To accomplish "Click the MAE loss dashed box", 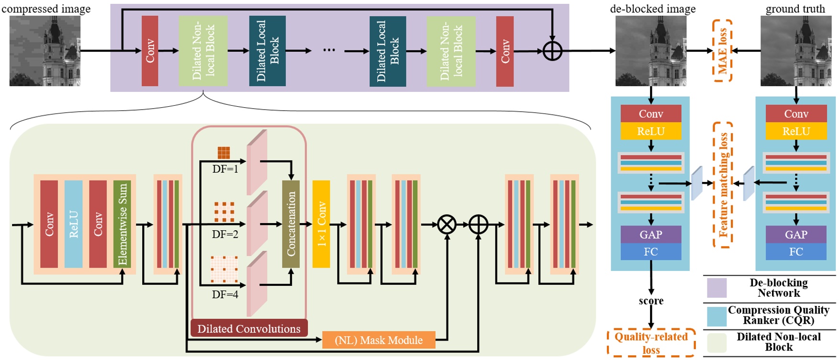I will coord(722,51).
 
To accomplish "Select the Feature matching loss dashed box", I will coord(722,185).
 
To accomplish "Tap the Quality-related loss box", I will coord(651,343).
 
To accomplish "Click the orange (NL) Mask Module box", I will coord(379,340).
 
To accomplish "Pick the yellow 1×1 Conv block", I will coord(321,224).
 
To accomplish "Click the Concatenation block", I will coord(291,224).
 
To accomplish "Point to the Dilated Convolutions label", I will coord(249,328).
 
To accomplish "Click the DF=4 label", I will coord(225,294).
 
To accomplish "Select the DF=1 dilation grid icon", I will coord(224,153).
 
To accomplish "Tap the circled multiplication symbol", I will coord(447,224).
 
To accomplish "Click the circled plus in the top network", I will coord(552,51).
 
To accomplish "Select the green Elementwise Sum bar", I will coord(122,224).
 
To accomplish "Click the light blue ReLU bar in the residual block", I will coord(73,224).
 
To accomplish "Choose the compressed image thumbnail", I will coord(45,51).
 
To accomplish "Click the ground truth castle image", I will coord(795,51).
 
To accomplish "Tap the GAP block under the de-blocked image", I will coord(650,235).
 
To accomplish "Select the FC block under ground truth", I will coord(795,252).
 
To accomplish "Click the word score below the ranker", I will coord(651,301).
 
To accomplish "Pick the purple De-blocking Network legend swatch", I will coord(717,288).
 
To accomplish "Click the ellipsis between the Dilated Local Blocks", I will coord(329,50).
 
